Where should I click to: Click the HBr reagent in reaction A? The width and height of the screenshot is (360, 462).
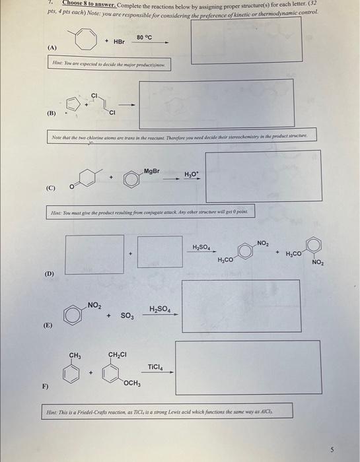pos(119,41)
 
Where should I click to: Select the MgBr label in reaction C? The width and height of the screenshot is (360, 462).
pos(151,171)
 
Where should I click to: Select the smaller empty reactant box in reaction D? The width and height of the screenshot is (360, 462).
pos(159,252)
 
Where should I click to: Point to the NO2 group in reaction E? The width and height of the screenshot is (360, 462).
pos(94,305)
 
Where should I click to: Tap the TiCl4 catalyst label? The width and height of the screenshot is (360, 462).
pos(155,366)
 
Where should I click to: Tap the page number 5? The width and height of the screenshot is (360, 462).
pos(333,450)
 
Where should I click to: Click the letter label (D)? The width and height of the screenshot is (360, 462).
pos(50,273)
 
